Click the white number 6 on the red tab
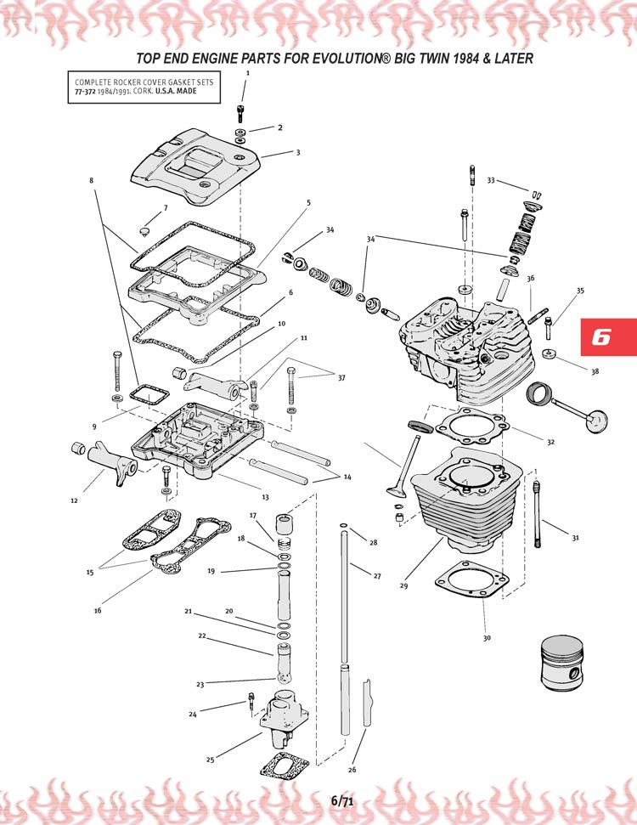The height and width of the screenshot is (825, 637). click(601, 336)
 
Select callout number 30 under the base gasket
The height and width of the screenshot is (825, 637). click(486, 638)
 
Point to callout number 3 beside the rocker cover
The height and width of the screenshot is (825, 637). click(298, 153)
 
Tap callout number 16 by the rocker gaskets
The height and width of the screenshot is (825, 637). click(98, 609)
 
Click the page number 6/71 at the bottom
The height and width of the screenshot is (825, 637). click(342, 800)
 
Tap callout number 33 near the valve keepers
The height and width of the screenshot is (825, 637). click(491, 180)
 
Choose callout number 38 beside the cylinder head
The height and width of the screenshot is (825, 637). click(595, 371)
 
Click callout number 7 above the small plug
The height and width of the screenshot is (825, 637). click(166, 208)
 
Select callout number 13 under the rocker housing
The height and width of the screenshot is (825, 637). click(265, 497)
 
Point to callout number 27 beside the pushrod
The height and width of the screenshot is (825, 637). click(377, 576)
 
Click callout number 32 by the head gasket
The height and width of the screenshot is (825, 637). click(551, 442)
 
